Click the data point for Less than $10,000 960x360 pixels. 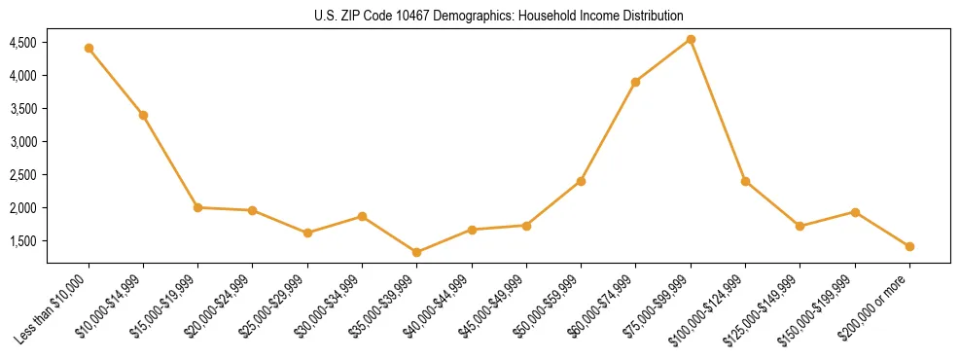tap(89, 48)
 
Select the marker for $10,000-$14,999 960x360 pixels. tap(143, 115)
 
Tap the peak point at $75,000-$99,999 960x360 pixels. tap(691, 39)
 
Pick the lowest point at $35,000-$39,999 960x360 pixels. tap(416, 252)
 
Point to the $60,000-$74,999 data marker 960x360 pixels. tap(635, 82)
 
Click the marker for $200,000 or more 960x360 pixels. tap(909, 246)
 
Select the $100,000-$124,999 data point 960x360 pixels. tap(745, 181)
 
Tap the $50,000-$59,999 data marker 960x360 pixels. tap(581, 181)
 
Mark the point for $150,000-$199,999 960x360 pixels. tap(855, 211)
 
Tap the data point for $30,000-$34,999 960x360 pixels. tap(362, 216)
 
